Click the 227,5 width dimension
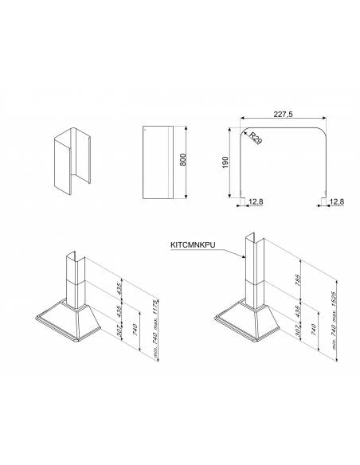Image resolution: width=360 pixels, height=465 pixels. [283, 114]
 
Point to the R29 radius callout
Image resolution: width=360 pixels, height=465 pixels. [255, 139]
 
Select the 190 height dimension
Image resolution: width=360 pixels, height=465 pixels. [225, 162]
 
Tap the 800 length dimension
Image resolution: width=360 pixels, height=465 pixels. [183, 159]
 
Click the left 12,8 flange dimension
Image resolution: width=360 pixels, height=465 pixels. [256, 202]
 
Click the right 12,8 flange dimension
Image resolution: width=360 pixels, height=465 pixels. [337, 202]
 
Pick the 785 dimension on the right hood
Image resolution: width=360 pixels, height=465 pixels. [298, 280]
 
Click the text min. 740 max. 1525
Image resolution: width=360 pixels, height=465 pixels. [334, 321]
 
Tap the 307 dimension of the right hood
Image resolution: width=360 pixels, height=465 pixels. [298, 330]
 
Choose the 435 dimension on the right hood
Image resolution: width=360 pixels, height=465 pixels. [298, 311]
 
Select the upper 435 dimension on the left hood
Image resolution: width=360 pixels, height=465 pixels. [119, 288]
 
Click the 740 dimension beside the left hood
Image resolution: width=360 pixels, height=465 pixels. [135, 330]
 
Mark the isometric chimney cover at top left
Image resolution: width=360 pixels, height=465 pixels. [72, 162]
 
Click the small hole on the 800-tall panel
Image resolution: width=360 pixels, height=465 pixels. [144, 130]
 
